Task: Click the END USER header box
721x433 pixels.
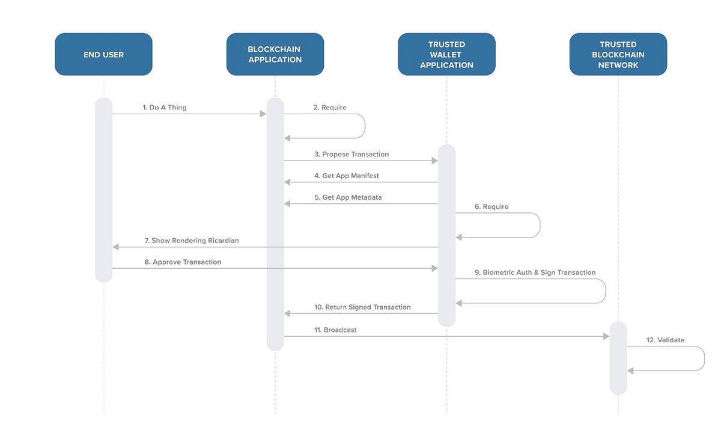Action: (x=103, y=54)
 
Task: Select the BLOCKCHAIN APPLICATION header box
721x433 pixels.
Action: (x=275, y=54)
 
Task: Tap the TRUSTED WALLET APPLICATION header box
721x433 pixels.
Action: (x=447, y=54)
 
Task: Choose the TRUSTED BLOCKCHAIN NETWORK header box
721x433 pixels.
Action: (x=618, y=54)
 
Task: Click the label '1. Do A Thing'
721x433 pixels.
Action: (x=165, y=107)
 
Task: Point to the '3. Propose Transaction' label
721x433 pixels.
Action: (x=351, y=155)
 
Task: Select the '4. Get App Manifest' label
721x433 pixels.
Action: (x=347, y=176)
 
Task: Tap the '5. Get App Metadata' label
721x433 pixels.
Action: (x=348, y=197)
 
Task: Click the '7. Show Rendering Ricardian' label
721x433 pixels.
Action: (x=192, y=241)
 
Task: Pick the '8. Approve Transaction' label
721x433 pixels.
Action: (x=183, y=262)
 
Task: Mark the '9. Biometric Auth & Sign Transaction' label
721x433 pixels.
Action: (x=535, y=272)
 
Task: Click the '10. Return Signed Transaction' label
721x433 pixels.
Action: (x=362, y=307)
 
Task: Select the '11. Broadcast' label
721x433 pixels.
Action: (x=335, y=330)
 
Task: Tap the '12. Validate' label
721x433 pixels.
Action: (x=665, y=340)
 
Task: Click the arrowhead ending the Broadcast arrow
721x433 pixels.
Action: (x=606, y=336)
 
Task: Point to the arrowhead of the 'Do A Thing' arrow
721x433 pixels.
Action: (x=263, y=114)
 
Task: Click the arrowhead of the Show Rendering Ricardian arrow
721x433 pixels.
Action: (x=116, y=247)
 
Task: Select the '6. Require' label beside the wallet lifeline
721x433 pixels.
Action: (x=491, y=206)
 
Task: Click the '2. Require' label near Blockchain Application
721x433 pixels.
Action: (x=330, y=107)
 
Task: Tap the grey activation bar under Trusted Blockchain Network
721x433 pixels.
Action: (x=618, y=358)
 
